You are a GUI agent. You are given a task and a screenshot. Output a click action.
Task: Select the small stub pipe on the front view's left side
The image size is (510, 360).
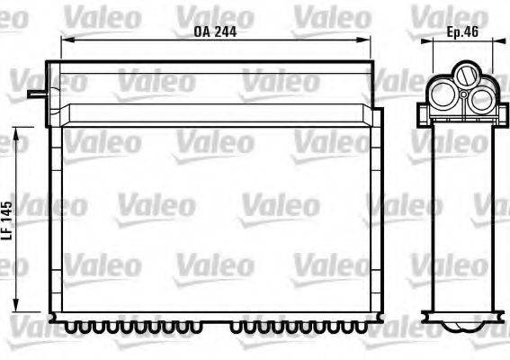point(34,91)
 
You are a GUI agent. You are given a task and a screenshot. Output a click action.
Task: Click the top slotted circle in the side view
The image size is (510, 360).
point(465,74)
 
